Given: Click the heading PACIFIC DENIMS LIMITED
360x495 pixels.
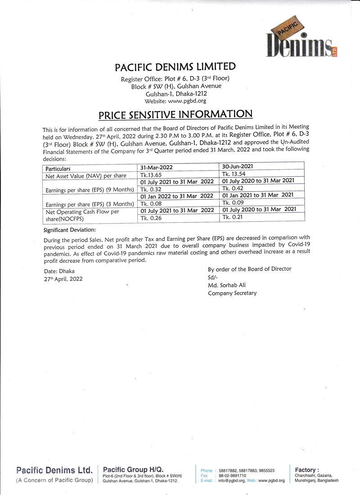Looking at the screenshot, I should point(175,67).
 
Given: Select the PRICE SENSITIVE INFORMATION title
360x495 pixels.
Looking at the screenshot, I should point(175,114).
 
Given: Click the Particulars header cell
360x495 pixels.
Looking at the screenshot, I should point(58,169).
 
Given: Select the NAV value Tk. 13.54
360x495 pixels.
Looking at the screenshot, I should point(234,174).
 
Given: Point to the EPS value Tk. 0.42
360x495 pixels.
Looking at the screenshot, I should point(233,188).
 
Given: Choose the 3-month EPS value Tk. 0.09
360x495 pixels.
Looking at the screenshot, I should point(233,202).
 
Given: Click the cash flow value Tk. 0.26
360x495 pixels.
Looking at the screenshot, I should point(151,218).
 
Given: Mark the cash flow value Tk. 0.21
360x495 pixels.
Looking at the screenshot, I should point(233,217).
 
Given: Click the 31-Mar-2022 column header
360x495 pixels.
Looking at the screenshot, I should point(157,167).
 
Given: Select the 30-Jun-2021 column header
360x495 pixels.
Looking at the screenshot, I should point(238,166).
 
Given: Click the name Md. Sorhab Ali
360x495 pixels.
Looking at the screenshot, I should point(227,285).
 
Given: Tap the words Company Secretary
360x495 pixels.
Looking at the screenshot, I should point(232,293).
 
